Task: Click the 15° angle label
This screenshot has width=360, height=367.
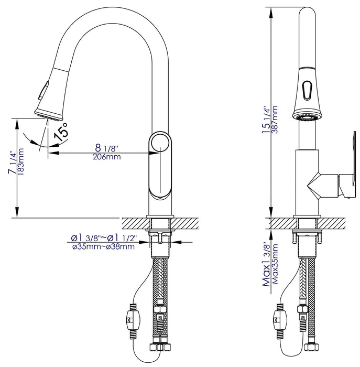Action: (61, 131)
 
